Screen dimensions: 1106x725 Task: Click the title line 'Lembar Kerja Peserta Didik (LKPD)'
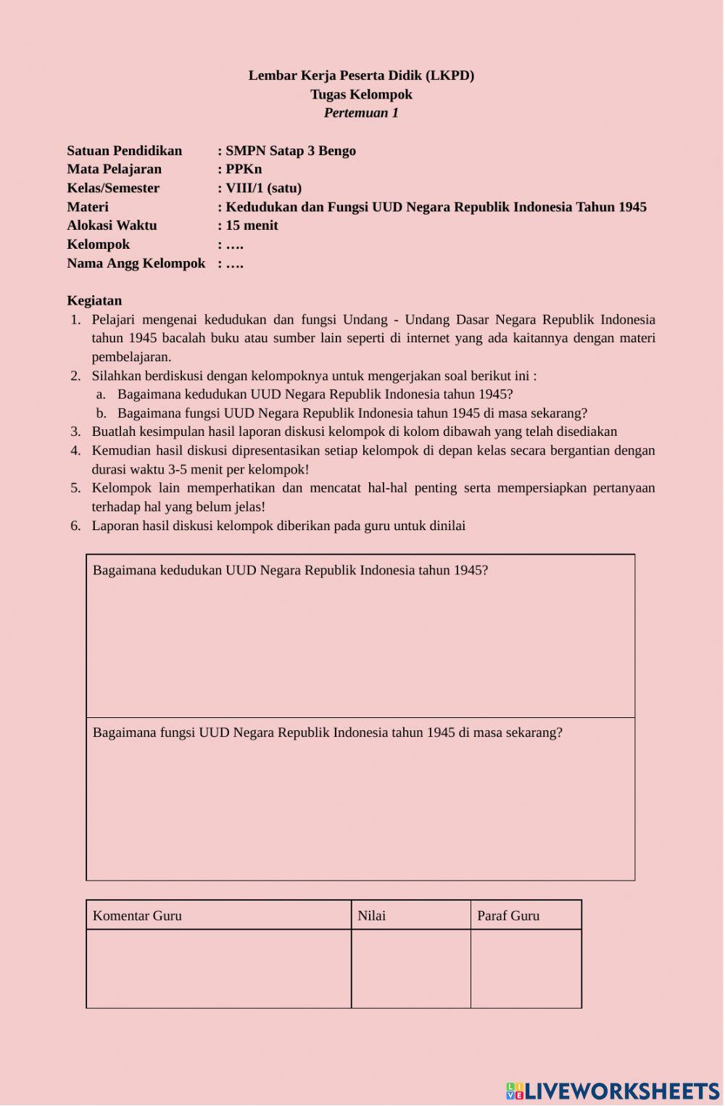pyautogui.click(x=361, y=75)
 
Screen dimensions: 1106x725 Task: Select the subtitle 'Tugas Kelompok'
pyautogui.click(x=361, y=94)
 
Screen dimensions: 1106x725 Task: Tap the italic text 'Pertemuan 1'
pyautogui.click(x=361, y=113)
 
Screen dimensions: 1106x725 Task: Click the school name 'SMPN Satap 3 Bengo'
pyautogui.click(x=290, y=151)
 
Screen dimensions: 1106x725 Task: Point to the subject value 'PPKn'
pyautogui.click(x=244, y=169)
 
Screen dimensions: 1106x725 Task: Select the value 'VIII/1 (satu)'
pyautogui.click(x=263, y=188)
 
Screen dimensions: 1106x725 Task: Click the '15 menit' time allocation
pyautogui.click(x=252, y=226)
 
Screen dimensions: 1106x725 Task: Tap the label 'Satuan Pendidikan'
pyautogui.click(x=124, y=151)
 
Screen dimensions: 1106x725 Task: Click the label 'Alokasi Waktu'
pyautogui.click(x=112, y=226)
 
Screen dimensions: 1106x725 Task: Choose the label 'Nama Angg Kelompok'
pyautogui.click(x=136, y=263)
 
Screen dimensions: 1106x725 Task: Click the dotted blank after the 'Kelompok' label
pyautogui.click(x=234, y=245)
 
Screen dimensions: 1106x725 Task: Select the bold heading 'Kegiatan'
pyautogui.click(x=94, y=300)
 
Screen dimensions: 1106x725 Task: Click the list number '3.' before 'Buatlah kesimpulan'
pyautogui.click(x=75, y=432)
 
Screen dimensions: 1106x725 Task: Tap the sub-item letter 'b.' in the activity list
pyautogui.click(x=101, y=413)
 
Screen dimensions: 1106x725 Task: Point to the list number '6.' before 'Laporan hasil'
pyautogui.click(x=75, y=526)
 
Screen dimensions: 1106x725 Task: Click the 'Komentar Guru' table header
pyautogui.click(x=137, y=915)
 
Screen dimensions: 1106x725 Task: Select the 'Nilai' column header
pyautogui.click(x=371, y=915)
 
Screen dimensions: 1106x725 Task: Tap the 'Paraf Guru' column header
pyautogui.click(x=508, y=915)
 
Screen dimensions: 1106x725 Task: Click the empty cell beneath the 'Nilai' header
pyautogui.click(x=410, y=968)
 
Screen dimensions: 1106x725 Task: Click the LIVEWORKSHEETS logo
pyautogui.click(x=613, y=1091)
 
